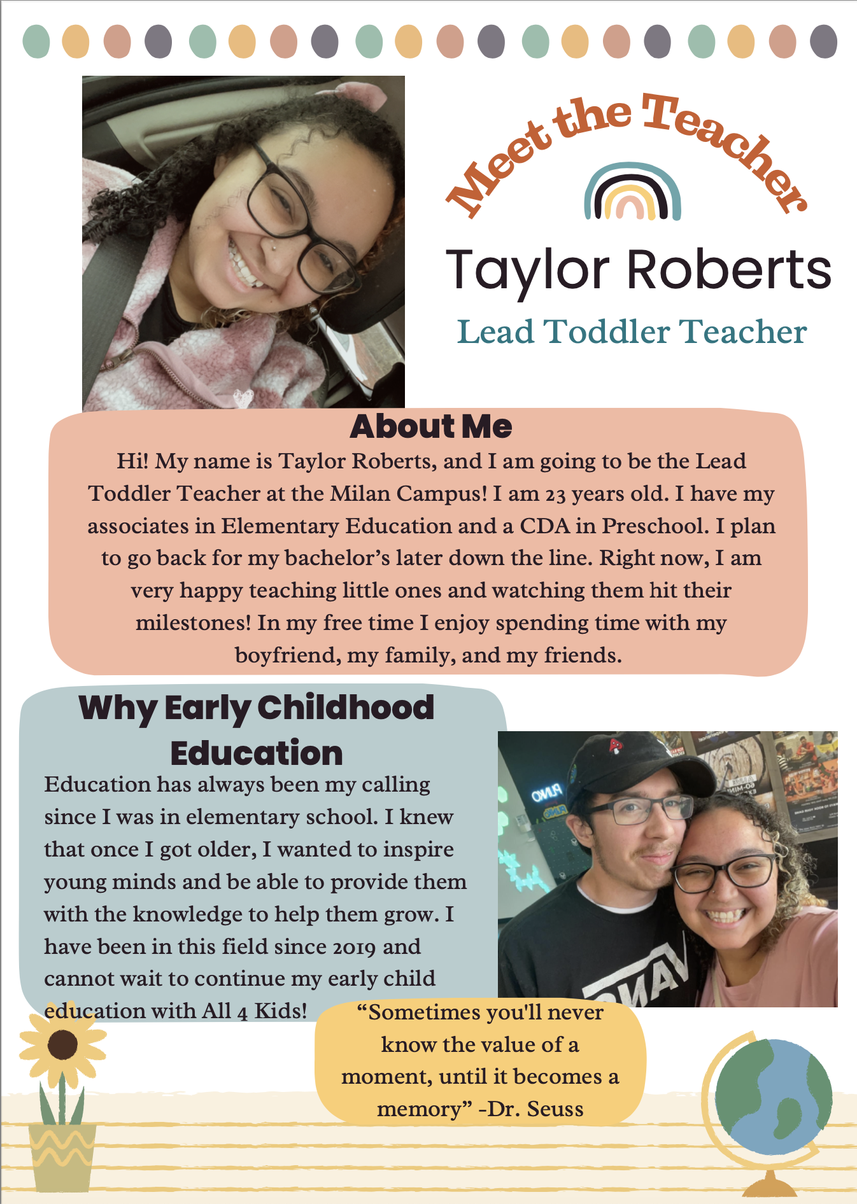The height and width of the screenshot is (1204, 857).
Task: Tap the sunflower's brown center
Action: pyautogui.click(x=62, y=1044)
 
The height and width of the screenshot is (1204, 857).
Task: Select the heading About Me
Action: pyautogui.click(x=430, y=426)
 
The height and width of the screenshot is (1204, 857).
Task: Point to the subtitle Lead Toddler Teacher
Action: pyautogui.click(x=632, y=332)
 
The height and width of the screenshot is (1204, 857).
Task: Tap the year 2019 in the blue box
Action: pyautogui.click(x=355, y=948)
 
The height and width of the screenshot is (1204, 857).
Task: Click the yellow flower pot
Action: pyautogui.click(x=62, y=1155)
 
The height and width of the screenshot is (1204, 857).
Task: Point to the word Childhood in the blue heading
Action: pyautogui.click(x=345, y=708)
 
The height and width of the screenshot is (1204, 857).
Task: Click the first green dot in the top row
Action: pyautogui.click(x=36, y=42)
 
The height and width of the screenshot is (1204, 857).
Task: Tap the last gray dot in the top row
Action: pyautogui.click(x=823, y=42)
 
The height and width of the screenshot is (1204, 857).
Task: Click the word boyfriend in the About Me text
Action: pyautogui.click(x=287, y=655)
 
